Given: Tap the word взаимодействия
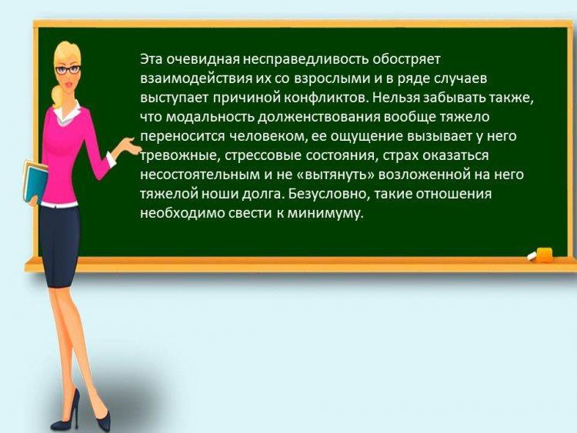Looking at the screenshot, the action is (195, 78).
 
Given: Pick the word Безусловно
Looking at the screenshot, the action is (328, 194).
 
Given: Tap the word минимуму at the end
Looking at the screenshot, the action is (325, 213).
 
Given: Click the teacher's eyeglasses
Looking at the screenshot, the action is (68, 69).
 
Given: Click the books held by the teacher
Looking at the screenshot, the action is (35, 182).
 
